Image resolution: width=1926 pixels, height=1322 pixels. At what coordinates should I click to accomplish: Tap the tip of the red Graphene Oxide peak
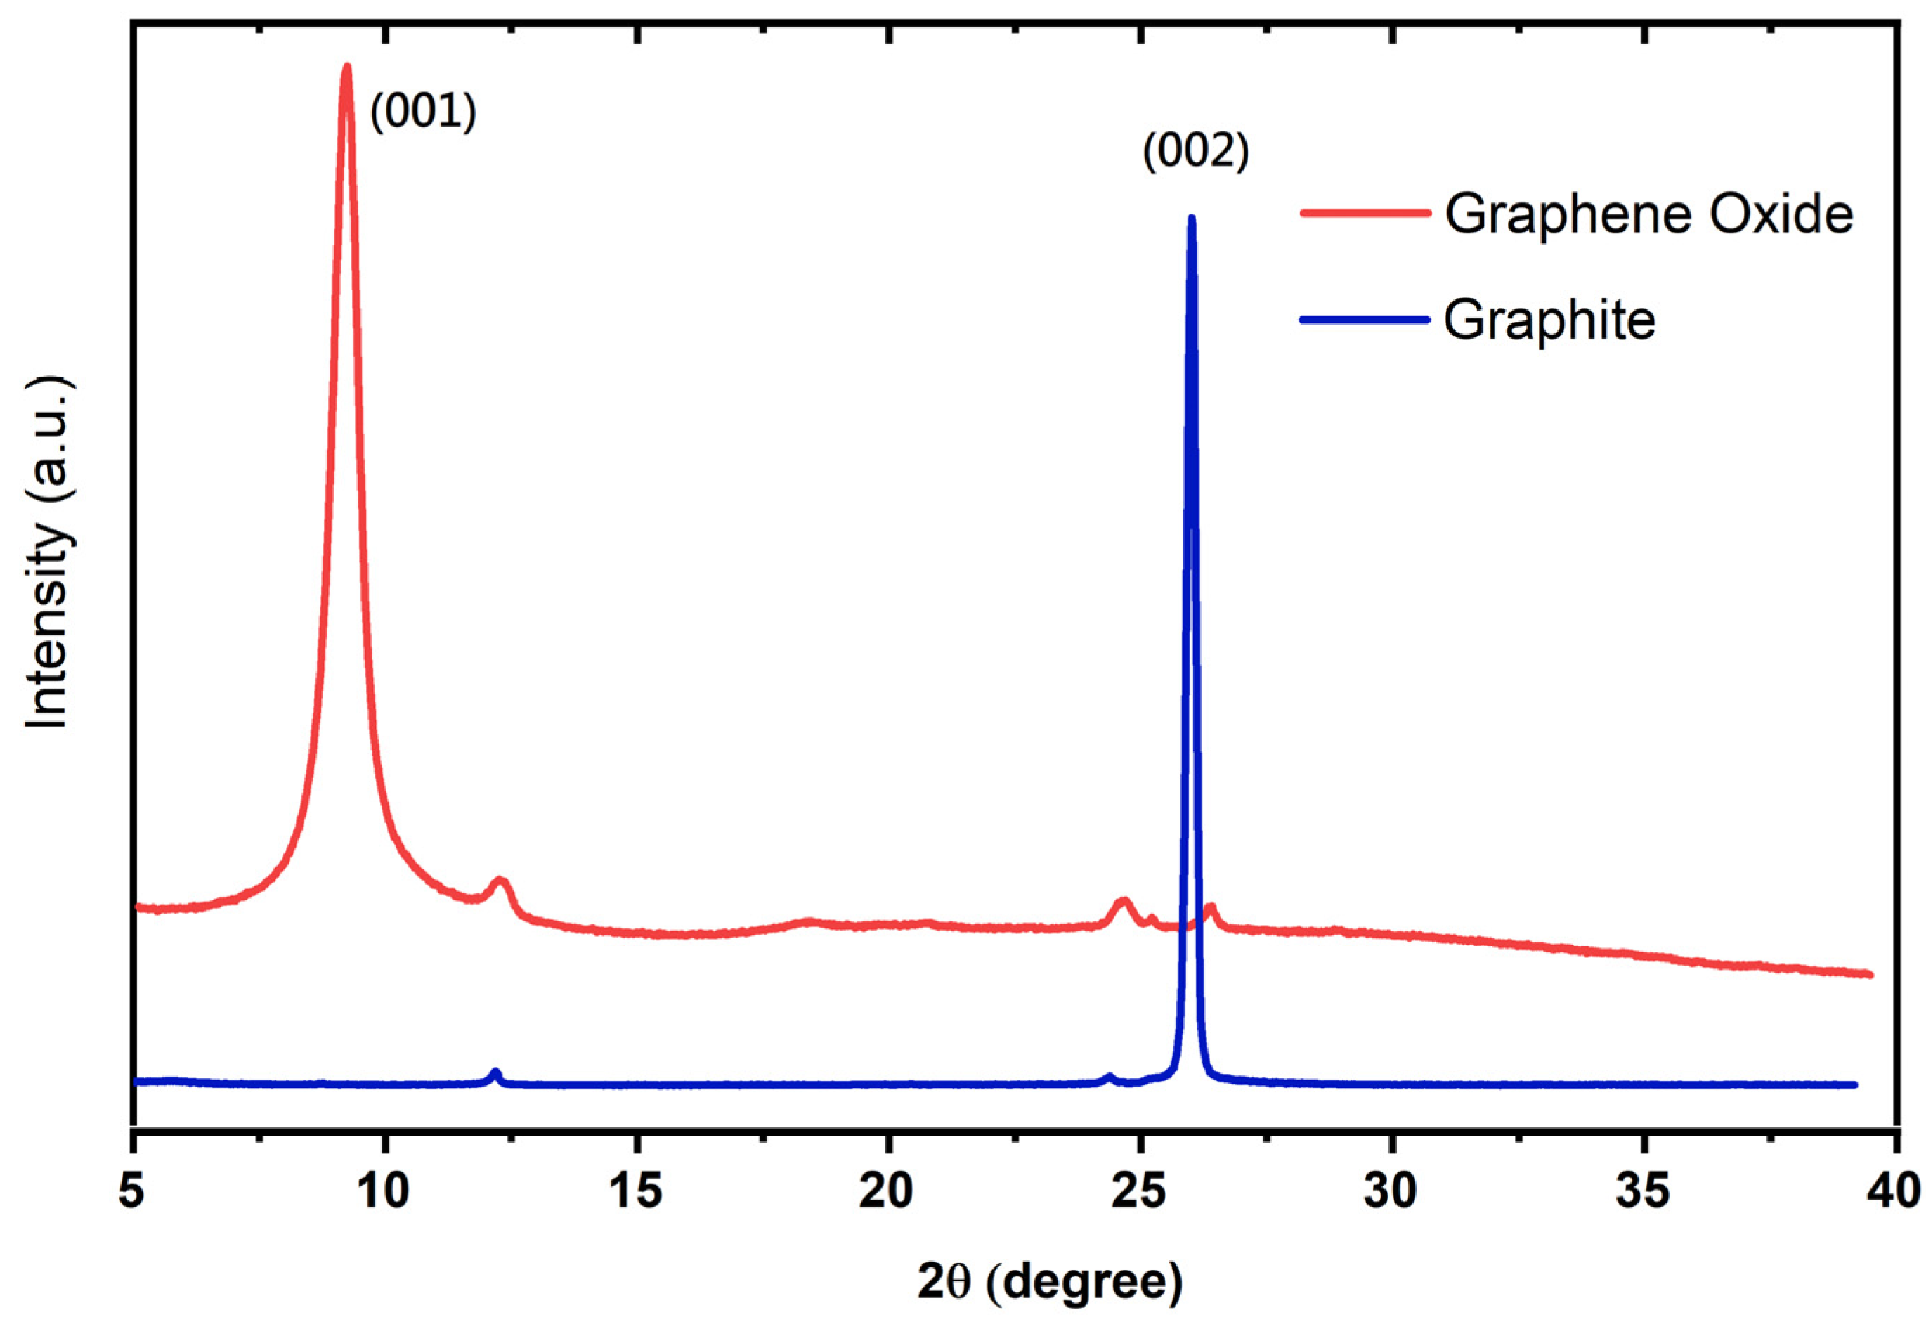(x=347, y=66)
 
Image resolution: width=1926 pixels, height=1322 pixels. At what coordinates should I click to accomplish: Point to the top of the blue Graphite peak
(x=1192, y=219)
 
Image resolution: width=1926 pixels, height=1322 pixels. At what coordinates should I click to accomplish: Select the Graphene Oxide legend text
(x=1649, y=214)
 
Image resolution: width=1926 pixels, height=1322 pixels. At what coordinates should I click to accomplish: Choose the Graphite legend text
(x=1550, y=320)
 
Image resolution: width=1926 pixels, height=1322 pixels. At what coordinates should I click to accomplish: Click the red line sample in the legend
(x=1365, y=213)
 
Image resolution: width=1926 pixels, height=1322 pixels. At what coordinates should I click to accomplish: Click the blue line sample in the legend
(x=1365, y=319)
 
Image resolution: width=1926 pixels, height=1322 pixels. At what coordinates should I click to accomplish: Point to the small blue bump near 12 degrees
(x=495, y=1073)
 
